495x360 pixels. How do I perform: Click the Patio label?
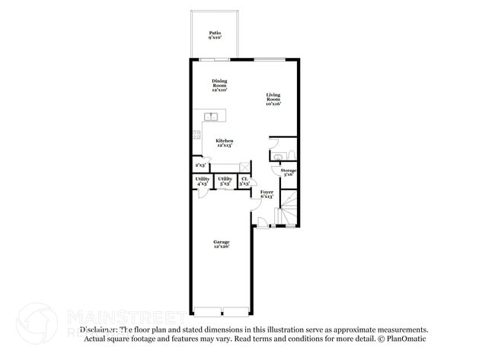216,34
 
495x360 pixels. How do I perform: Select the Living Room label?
274,99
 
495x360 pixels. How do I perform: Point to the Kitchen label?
224,142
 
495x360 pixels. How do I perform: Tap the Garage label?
221,244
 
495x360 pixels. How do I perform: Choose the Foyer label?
267,194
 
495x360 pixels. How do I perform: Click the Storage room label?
289,172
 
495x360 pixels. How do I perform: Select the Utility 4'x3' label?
203,181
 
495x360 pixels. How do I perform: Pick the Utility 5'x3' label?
225,181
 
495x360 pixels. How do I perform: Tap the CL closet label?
245,181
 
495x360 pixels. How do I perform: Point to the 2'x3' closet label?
201,164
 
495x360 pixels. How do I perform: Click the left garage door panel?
207,311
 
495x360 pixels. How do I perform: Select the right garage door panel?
235,311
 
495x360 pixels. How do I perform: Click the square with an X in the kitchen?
244,165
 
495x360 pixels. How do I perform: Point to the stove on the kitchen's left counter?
196,135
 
